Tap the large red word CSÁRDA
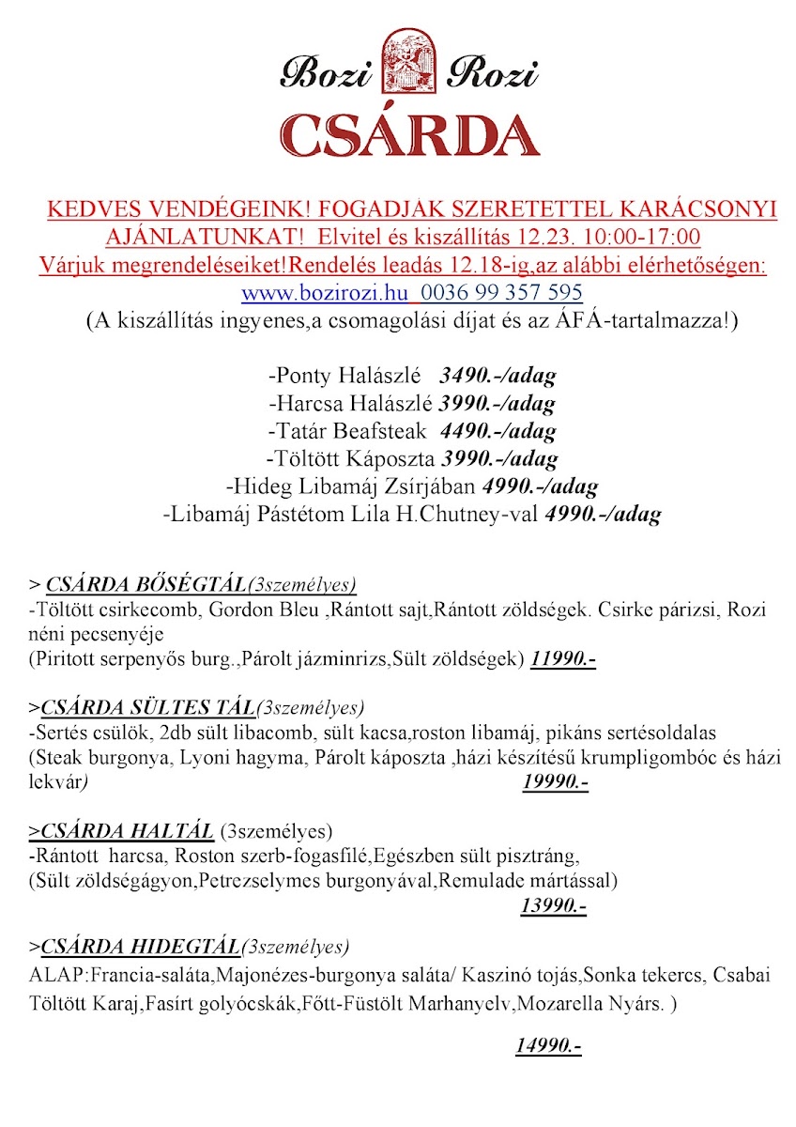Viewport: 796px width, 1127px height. click(409, 134)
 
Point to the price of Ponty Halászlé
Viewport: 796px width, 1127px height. click(497, 377)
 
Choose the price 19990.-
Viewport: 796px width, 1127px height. click(555, 781)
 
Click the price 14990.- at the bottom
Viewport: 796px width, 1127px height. click(548, 1045)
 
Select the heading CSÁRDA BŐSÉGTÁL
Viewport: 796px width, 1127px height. click(145, 583)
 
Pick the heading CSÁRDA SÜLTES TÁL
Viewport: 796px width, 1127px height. click(146, 707)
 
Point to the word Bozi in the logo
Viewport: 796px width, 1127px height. click(329, 72)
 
